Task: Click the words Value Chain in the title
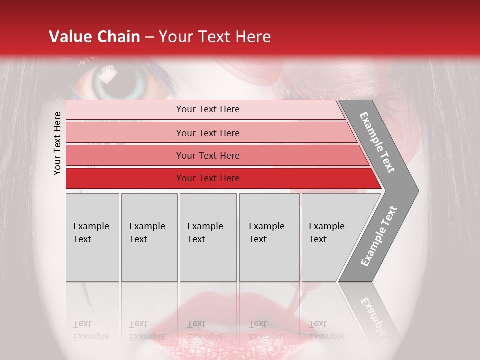94,37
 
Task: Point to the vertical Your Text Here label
57,143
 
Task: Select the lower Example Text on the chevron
378,236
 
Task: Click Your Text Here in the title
215,37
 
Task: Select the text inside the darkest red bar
208,178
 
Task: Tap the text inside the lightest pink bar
208,109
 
